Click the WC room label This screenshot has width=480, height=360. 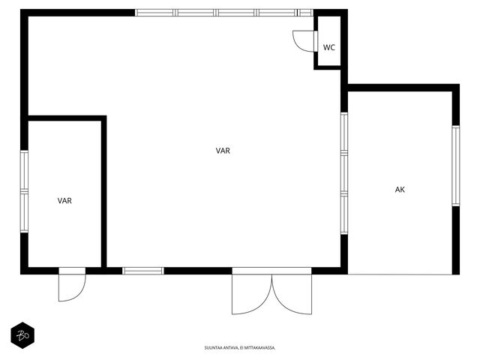(329, 48)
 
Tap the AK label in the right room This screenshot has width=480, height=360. (400, 190)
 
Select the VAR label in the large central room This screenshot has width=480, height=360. (223, 151)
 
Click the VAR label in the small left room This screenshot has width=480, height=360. (64, 201)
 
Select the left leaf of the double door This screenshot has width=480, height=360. (252, 295)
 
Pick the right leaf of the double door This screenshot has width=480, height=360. (292, 295)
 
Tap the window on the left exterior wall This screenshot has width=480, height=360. (24, 191)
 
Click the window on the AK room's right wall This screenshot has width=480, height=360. (456, 166)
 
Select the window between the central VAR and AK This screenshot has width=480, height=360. (344, 173)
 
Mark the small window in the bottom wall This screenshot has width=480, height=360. (143, 271)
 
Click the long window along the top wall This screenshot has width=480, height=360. (224, 13)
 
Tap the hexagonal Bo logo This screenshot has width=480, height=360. (22, 335)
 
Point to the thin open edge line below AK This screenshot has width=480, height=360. (400, 274)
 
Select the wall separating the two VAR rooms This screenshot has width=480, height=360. (104, 193)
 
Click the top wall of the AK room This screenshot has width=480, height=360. (403, 88)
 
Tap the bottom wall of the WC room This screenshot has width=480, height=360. (328, 67)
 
